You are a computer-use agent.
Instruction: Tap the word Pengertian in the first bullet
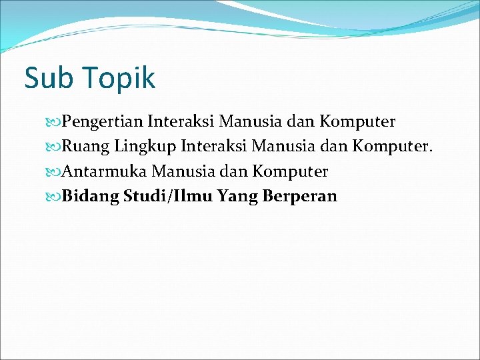[x=103, y=123]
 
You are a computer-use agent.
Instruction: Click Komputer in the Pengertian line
[x=357, y=123]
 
